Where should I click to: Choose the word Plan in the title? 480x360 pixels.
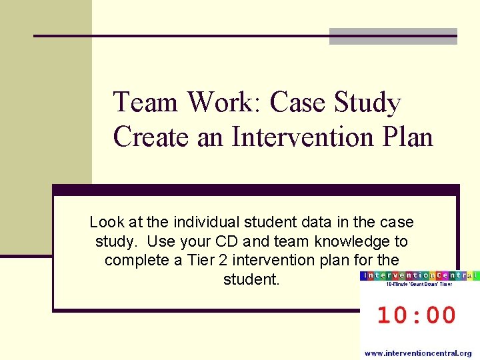click(x=406, y=137)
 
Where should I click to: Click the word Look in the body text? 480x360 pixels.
click(x=105, y=222)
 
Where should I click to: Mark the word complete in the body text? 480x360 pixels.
click(x=136, y=260)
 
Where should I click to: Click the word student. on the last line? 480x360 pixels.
click(x=251, y=279)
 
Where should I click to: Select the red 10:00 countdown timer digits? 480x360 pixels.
click(x=417, y=315)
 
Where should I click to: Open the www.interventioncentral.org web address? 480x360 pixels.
click(x=418, y=353)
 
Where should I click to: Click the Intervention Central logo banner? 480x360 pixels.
click(x=419, y=275)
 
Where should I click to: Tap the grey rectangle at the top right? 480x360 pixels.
click(x=393, y=36)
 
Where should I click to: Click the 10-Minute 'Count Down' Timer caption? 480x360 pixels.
click(x=419, y=285)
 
